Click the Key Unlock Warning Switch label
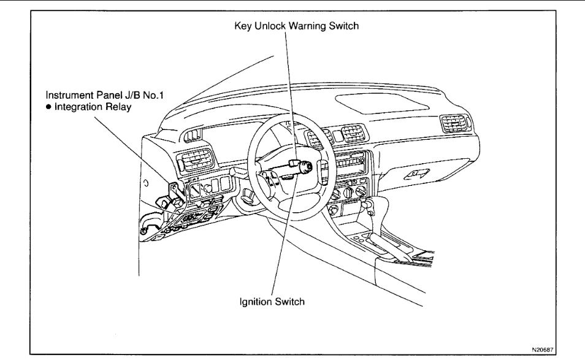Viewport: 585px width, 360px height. click(x=296, y=26)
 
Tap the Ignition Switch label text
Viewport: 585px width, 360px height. click(x=272, y=301)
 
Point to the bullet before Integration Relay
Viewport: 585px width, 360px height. click(x=48, y=107)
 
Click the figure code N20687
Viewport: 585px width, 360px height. click(x=542, y=349)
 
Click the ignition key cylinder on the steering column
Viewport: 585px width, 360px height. click(x=306, y=166)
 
